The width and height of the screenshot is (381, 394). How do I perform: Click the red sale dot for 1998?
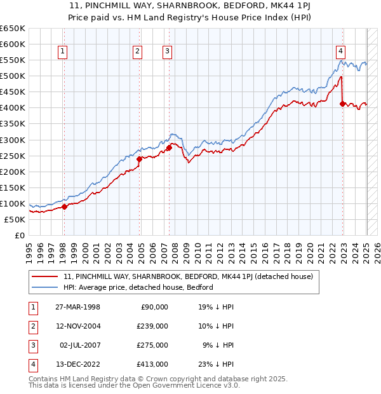[64, 207]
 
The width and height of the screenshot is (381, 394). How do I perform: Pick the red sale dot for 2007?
[169, 147]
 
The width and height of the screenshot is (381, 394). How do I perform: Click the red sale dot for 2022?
[343, 104]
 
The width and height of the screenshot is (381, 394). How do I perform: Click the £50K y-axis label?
[15, 219]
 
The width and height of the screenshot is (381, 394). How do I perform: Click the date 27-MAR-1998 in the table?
[78, 307]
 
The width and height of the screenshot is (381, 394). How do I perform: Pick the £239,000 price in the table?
[153, 326]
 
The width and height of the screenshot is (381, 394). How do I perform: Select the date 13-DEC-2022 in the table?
[79, 364]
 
